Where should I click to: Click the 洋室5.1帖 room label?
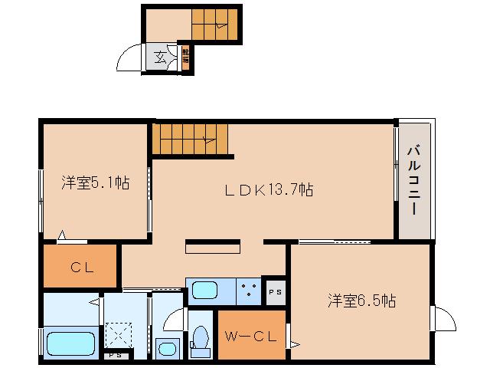(95, 183)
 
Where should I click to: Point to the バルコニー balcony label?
(413, 181)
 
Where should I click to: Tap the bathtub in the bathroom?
(70, 342)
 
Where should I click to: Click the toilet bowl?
(201, 338)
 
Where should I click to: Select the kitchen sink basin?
(204, 291)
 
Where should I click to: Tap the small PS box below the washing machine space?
(115, 355)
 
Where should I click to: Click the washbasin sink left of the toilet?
(166, 347)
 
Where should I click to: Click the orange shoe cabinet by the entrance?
(186, 58)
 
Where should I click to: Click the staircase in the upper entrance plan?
(215, 25)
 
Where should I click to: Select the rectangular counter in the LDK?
(214, 248)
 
